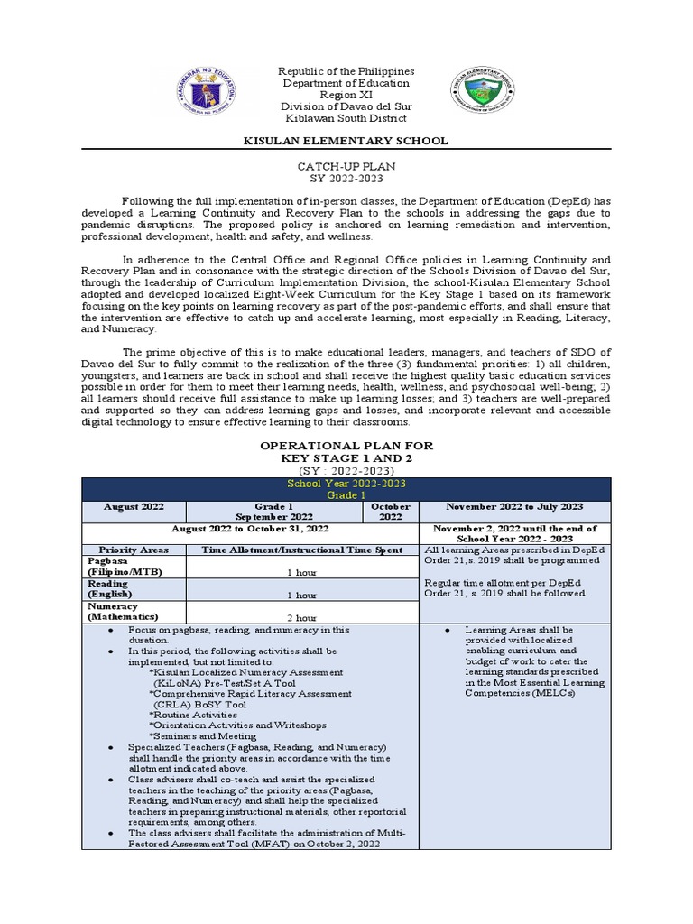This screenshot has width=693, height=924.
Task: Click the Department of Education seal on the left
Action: coord(207,93)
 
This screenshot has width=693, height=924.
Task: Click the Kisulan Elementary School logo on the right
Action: coord(485,94)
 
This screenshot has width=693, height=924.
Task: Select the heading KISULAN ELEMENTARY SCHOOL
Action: coord(346,141)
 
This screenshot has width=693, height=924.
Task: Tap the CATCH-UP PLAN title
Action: coord(346,168)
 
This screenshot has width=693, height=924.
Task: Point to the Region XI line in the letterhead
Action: coord(346,95)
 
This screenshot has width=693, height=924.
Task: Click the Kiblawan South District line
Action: coord(346,118)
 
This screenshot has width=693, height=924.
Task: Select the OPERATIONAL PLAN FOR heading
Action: coord(346,446)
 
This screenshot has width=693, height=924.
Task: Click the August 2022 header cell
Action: coord(133,507)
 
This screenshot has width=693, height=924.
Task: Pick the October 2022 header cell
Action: coord(390,512)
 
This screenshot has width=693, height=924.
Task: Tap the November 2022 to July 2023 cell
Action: coord(515,507)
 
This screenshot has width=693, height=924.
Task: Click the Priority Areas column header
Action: coord(133,550)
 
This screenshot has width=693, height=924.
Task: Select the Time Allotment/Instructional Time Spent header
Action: coord(302,550)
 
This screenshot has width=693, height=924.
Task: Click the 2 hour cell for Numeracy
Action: coord(301,618)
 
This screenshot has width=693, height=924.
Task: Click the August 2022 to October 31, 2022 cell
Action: coord(250,528)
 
